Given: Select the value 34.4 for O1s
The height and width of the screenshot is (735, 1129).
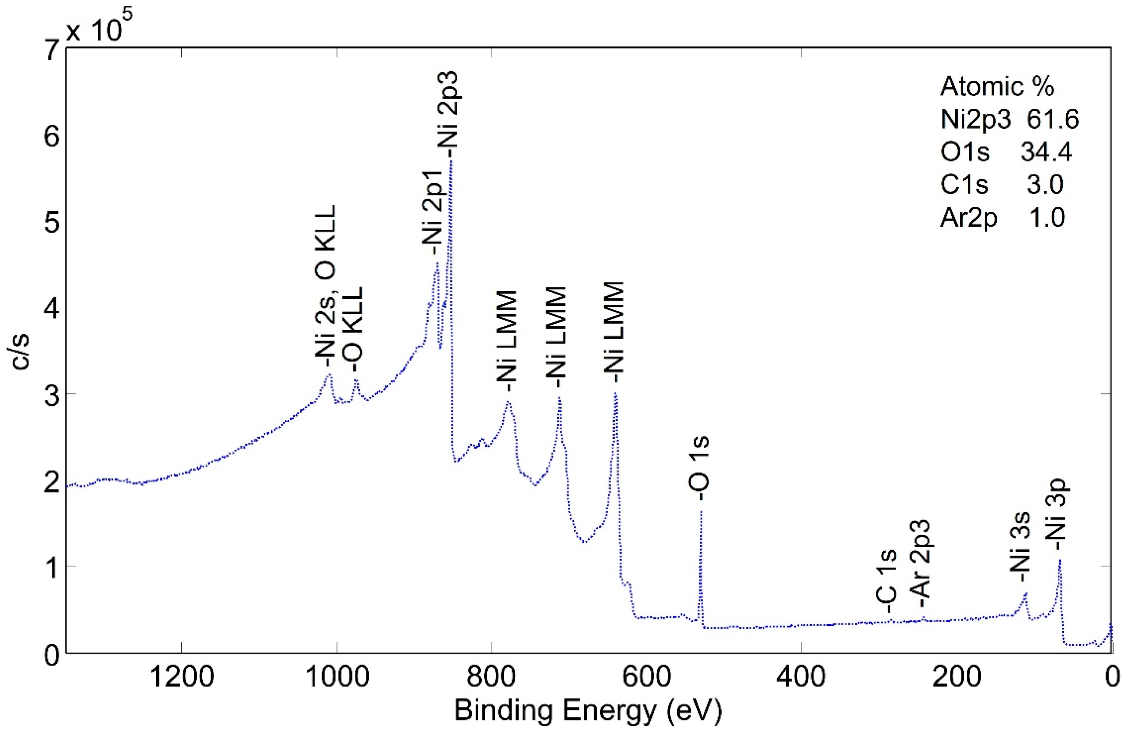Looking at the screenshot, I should (1046, 153).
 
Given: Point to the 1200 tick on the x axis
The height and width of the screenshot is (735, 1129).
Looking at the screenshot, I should (182, 677).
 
